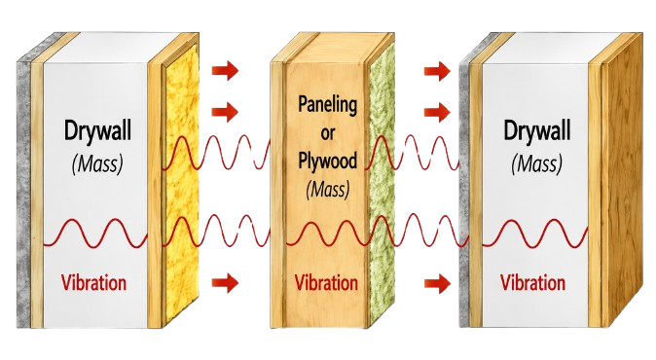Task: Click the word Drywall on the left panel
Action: click(x=97, y=131)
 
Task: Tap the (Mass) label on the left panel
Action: click(x=97, y=164)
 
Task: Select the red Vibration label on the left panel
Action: click(x=93, y=282)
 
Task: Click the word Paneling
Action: click(x=328, y=105)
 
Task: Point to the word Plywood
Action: click(x=328, y=161)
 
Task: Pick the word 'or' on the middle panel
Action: click(x=328, y=134)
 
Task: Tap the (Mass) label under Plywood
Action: click(x=328, y=190)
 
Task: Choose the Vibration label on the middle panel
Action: click(x=326, y=282)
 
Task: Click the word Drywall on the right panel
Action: click(x=536, y=131)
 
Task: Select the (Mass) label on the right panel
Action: click(x=536, y=163)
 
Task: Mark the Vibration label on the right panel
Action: click(x=532, y=282)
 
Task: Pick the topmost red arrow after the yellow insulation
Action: click(x=225, y=70)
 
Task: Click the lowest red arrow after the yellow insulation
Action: click(x=225, y=283)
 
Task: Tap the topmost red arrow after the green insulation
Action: click(x=437, y=70)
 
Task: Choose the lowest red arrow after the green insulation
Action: click(x=437, y=284)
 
